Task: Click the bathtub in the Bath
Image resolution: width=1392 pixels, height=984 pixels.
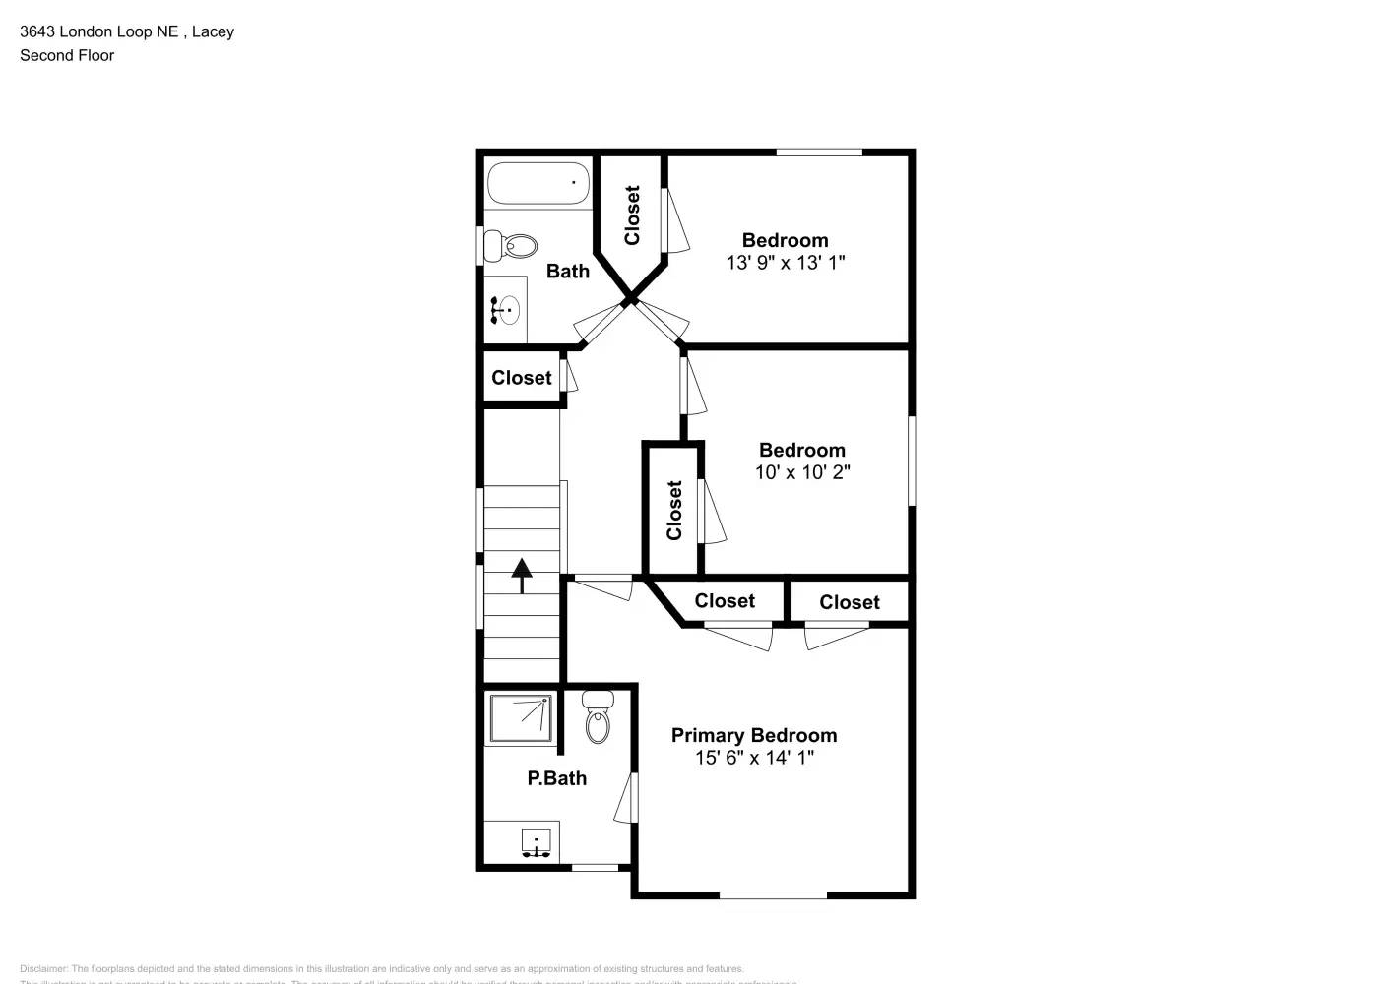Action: [538, 183]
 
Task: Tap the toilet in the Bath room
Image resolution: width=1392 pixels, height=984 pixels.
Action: [512, 246]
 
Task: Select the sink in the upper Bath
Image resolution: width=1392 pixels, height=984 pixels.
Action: [506, 310]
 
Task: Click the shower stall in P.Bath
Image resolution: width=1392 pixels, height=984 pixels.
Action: [521, 718]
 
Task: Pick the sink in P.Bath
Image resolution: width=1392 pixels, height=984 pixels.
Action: [535, 843]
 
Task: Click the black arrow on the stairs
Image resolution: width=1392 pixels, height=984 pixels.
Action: [521, 575]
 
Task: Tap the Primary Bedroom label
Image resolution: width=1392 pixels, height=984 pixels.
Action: [754, 735]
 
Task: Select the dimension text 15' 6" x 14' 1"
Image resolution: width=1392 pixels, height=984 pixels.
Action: [754, 758]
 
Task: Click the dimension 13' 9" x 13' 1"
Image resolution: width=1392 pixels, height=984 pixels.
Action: [785, 263]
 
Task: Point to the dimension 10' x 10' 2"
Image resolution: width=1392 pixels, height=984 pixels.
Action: [802, 472]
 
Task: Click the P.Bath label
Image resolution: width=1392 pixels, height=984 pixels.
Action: [556, 778]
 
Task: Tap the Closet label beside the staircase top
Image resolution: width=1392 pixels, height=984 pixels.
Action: [522, 378]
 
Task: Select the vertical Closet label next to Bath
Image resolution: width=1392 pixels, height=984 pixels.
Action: [632, 215]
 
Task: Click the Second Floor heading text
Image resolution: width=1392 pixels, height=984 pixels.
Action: [67, 55]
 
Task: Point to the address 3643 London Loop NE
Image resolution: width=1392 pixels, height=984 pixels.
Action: [98, 31]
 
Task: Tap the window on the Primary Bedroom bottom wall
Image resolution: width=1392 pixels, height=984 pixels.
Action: [773, 894]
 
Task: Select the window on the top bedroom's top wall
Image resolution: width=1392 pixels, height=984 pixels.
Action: [819, 153]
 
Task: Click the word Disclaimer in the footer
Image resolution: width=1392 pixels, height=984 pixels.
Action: [43, 969]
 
